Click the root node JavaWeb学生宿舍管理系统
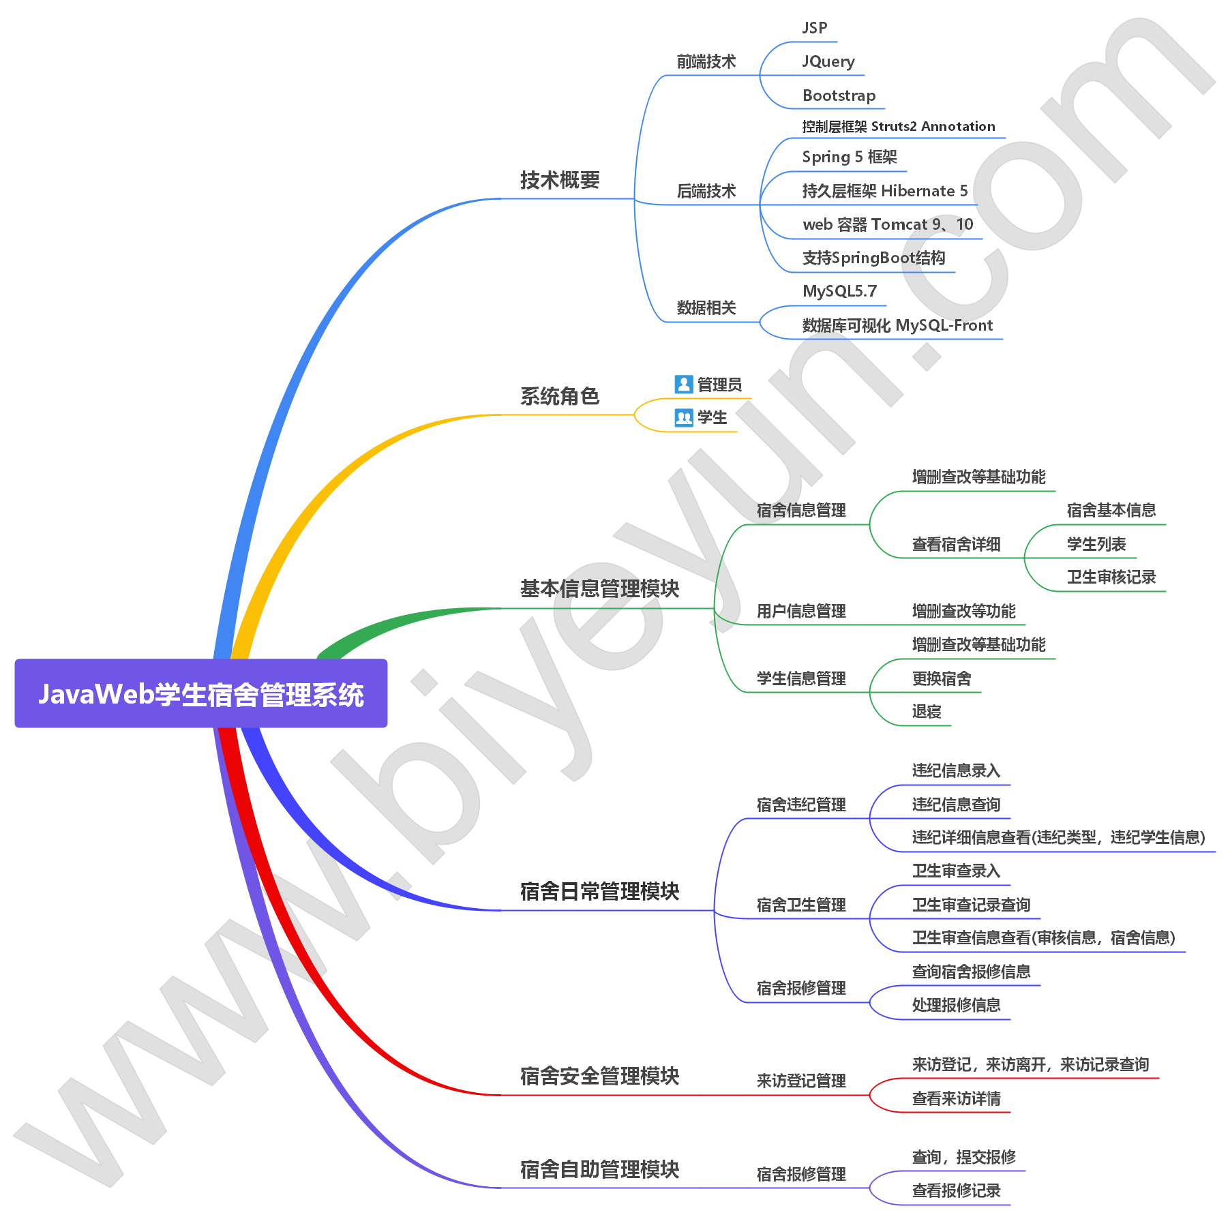(201, 694)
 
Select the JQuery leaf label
(828, 61)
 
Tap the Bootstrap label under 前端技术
(839, 95)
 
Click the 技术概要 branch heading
(560, 180)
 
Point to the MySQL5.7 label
(839, 291)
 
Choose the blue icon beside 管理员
(683, 384)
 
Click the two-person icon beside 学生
(683, 417)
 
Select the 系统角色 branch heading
(560, 396)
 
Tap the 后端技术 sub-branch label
(706, 191)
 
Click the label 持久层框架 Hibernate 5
(884, 191)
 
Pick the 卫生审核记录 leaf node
(1111, 577)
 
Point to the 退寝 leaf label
(926, 711)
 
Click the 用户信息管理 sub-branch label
(800, 611)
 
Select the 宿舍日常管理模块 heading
(599, 891)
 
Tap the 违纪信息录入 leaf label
(955, 770)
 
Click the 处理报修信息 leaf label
(955, 1005)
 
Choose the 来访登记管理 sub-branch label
(800, 1081)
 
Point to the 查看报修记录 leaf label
(955, 1190)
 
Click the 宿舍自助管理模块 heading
(599, 1169)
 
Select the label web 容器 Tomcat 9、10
(887, 224)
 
